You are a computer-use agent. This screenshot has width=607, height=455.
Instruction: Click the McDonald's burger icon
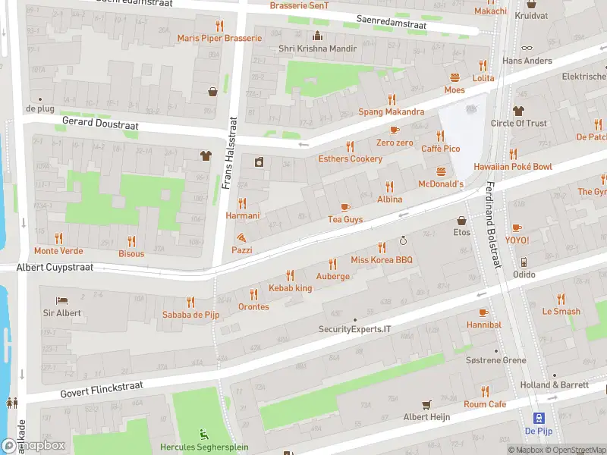441,171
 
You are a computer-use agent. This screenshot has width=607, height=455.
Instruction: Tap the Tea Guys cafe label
345,219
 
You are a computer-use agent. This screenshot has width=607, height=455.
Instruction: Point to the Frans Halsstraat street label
225,152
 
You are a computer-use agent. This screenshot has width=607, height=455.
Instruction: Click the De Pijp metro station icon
539,418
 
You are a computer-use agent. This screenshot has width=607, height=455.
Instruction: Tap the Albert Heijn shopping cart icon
426,404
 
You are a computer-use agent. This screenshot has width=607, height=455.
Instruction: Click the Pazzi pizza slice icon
241,237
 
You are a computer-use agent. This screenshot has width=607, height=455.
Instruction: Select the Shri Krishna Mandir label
317,49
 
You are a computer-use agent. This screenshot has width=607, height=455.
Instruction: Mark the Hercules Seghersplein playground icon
203,434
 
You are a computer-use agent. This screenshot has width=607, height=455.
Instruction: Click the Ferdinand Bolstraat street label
494,224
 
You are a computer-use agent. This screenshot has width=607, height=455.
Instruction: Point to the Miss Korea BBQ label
382,260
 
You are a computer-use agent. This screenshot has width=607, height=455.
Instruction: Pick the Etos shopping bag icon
461,221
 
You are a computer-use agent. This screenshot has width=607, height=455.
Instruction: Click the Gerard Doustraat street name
100,121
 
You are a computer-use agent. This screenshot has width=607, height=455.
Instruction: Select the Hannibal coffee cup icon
483,312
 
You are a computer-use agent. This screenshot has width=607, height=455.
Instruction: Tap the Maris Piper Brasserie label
219,38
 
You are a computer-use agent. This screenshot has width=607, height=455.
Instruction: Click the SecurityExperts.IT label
354,329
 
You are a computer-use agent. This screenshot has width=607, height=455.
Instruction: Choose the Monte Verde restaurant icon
59,238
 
